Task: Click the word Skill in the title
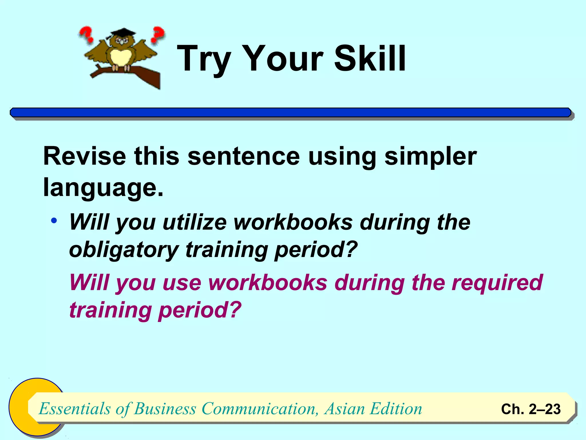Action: (x=370, y=59)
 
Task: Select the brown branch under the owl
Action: (x=143, y=75)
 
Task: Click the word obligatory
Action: (x=124, y=250)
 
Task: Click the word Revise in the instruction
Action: (x=84, y=156)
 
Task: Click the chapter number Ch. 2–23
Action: (x=530, y=409)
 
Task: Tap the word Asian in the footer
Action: (x=344, y=409)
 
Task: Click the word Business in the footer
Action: (x=165, y=409)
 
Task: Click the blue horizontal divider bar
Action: (x=290, y=113)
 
